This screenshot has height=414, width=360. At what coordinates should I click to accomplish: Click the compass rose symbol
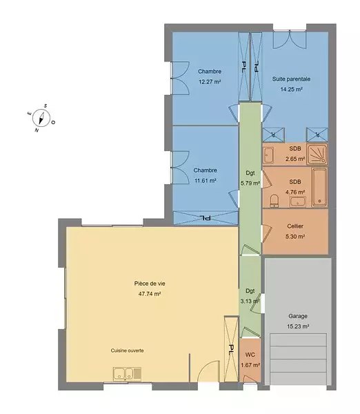click(41, 118)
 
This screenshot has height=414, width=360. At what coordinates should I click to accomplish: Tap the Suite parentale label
click(291, 79)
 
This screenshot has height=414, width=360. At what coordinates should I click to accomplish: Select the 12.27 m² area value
click(210, 82)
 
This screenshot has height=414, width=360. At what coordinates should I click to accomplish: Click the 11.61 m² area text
click(206, 181)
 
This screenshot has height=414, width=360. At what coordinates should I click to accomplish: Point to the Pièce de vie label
click(150, 284)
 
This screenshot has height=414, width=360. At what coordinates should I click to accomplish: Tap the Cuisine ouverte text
click(127, 351)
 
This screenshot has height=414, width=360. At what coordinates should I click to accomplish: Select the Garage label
click(298, 316)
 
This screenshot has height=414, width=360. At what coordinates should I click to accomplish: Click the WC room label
click(250, 355)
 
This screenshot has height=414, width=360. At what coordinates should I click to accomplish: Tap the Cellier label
click(295, 226)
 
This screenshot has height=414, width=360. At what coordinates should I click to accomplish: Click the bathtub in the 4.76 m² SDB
click(319, 188)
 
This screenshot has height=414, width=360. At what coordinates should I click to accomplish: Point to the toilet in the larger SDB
click(274, 201)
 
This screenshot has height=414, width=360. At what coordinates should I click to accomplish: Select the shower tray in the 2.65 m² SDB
click(317, 154)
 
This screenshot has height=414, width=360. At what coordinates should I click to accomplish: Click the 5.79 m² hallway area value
click(250, 183)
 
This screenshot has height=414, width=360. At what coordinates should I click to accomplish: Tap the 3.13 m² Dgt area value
click(250, 301)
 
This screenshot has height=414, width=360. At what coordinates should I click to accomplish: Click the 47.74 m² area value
click(150, 294)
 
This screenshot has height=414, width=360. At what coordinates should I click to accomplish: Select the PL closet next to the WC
click(231, 349)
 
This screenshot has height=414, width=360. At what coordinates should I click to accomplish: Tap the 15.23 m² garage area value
click(298, 326)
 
